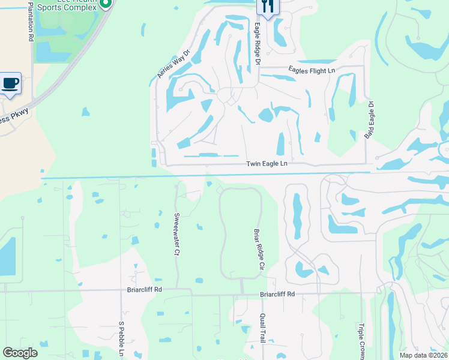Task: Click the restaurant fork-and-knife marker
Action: coord(268,7)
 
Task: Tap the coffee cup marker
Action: coord(10,83)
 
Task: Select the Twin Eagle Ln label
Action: coord(267,164)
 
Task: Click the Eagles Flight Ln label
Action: coord(311,70)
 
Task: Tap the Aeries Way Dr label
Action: coord(173,63)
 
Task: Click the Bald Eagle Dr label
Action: coord(370,120)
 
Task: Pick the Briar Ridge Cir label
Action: coord(259,248)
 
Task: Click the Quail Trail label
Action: coord(262,328)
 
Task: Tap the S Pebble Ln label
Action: coord(121,340)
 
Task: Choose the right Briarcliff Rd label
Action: coord(277,294)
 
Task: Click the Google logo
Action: coord(20,353)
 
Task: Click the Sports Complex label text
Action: coord(67,7)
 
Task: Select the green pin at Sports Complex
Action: coord(106,3)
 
